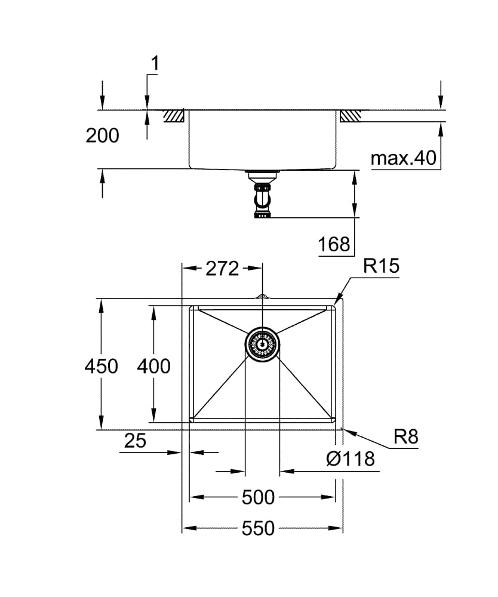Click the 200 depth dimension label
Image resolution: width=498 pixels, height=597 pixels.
(x=102, y=136)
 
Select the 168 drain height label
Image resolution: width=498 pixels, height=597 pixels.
(x=334, y=244)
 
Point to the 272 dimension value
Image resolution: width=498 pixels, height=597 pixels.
(x=222, y=269)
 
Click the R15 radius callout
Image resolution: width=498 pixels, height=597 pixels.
(x=381, y=266)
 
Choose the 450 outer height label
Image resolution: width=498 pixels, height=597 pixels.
(x=101, y=365)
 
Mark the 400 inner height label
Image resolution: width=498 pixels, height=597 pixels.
(x=153, y=365)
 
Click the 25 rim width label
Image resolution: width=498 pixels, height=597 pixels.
(x=135, y=441)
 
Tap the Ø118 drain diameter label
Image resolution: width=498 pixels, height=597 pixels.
(x=351, y=458)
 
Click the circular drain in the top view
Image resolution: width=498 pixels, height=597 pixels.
(x=262, y=345)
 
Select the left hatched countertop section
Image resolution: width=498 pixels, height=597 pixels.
(x=174, y=116)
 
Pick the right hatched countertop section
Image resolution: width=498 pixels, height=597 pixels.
(x=351, y=116)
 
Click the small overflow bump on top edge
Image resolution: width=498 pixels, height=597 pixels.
(x=262, y=296)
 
